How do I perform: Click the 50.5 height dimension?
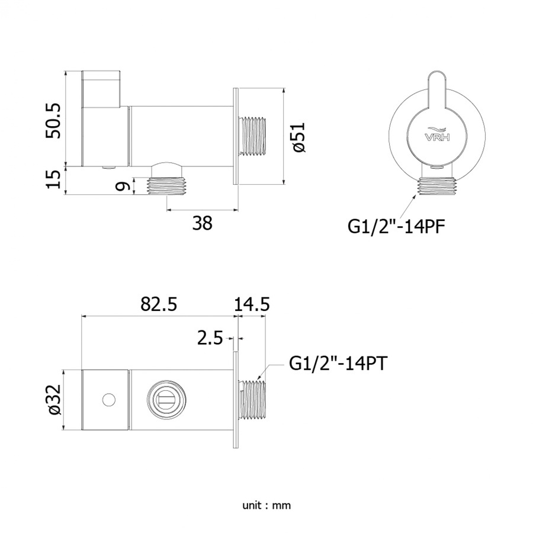coord(53,120)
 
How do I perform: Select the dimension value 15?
coord(53,179)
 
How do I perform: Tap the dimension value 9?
coord(123,187)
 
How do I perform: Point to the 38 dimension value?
coord(203,223)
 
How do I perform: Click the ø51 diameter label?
coord(299,137)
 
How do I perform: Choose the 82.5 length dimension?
coord(159,304)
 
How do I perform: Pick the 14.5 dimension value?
coord(252,304)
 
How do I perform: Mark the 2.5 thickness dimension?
coord(210,338)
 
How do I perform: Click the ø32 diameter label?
coord(54,399)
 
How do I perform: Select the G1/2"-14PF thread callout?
coord(396,226)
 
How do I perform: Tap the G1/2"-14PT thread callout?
coord(338,364)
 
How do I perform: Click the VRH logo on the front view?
coord(437,134)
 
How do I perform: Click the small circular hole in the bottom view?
coord(109,399)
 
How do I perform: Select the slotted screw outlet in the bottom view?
coord(166,400)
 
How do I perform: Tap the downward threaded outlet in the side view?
coord(167,187)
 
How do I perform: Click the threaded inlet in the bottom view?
coord(252,400)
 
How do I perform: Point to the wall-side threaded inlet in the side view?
coord(252,137)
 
